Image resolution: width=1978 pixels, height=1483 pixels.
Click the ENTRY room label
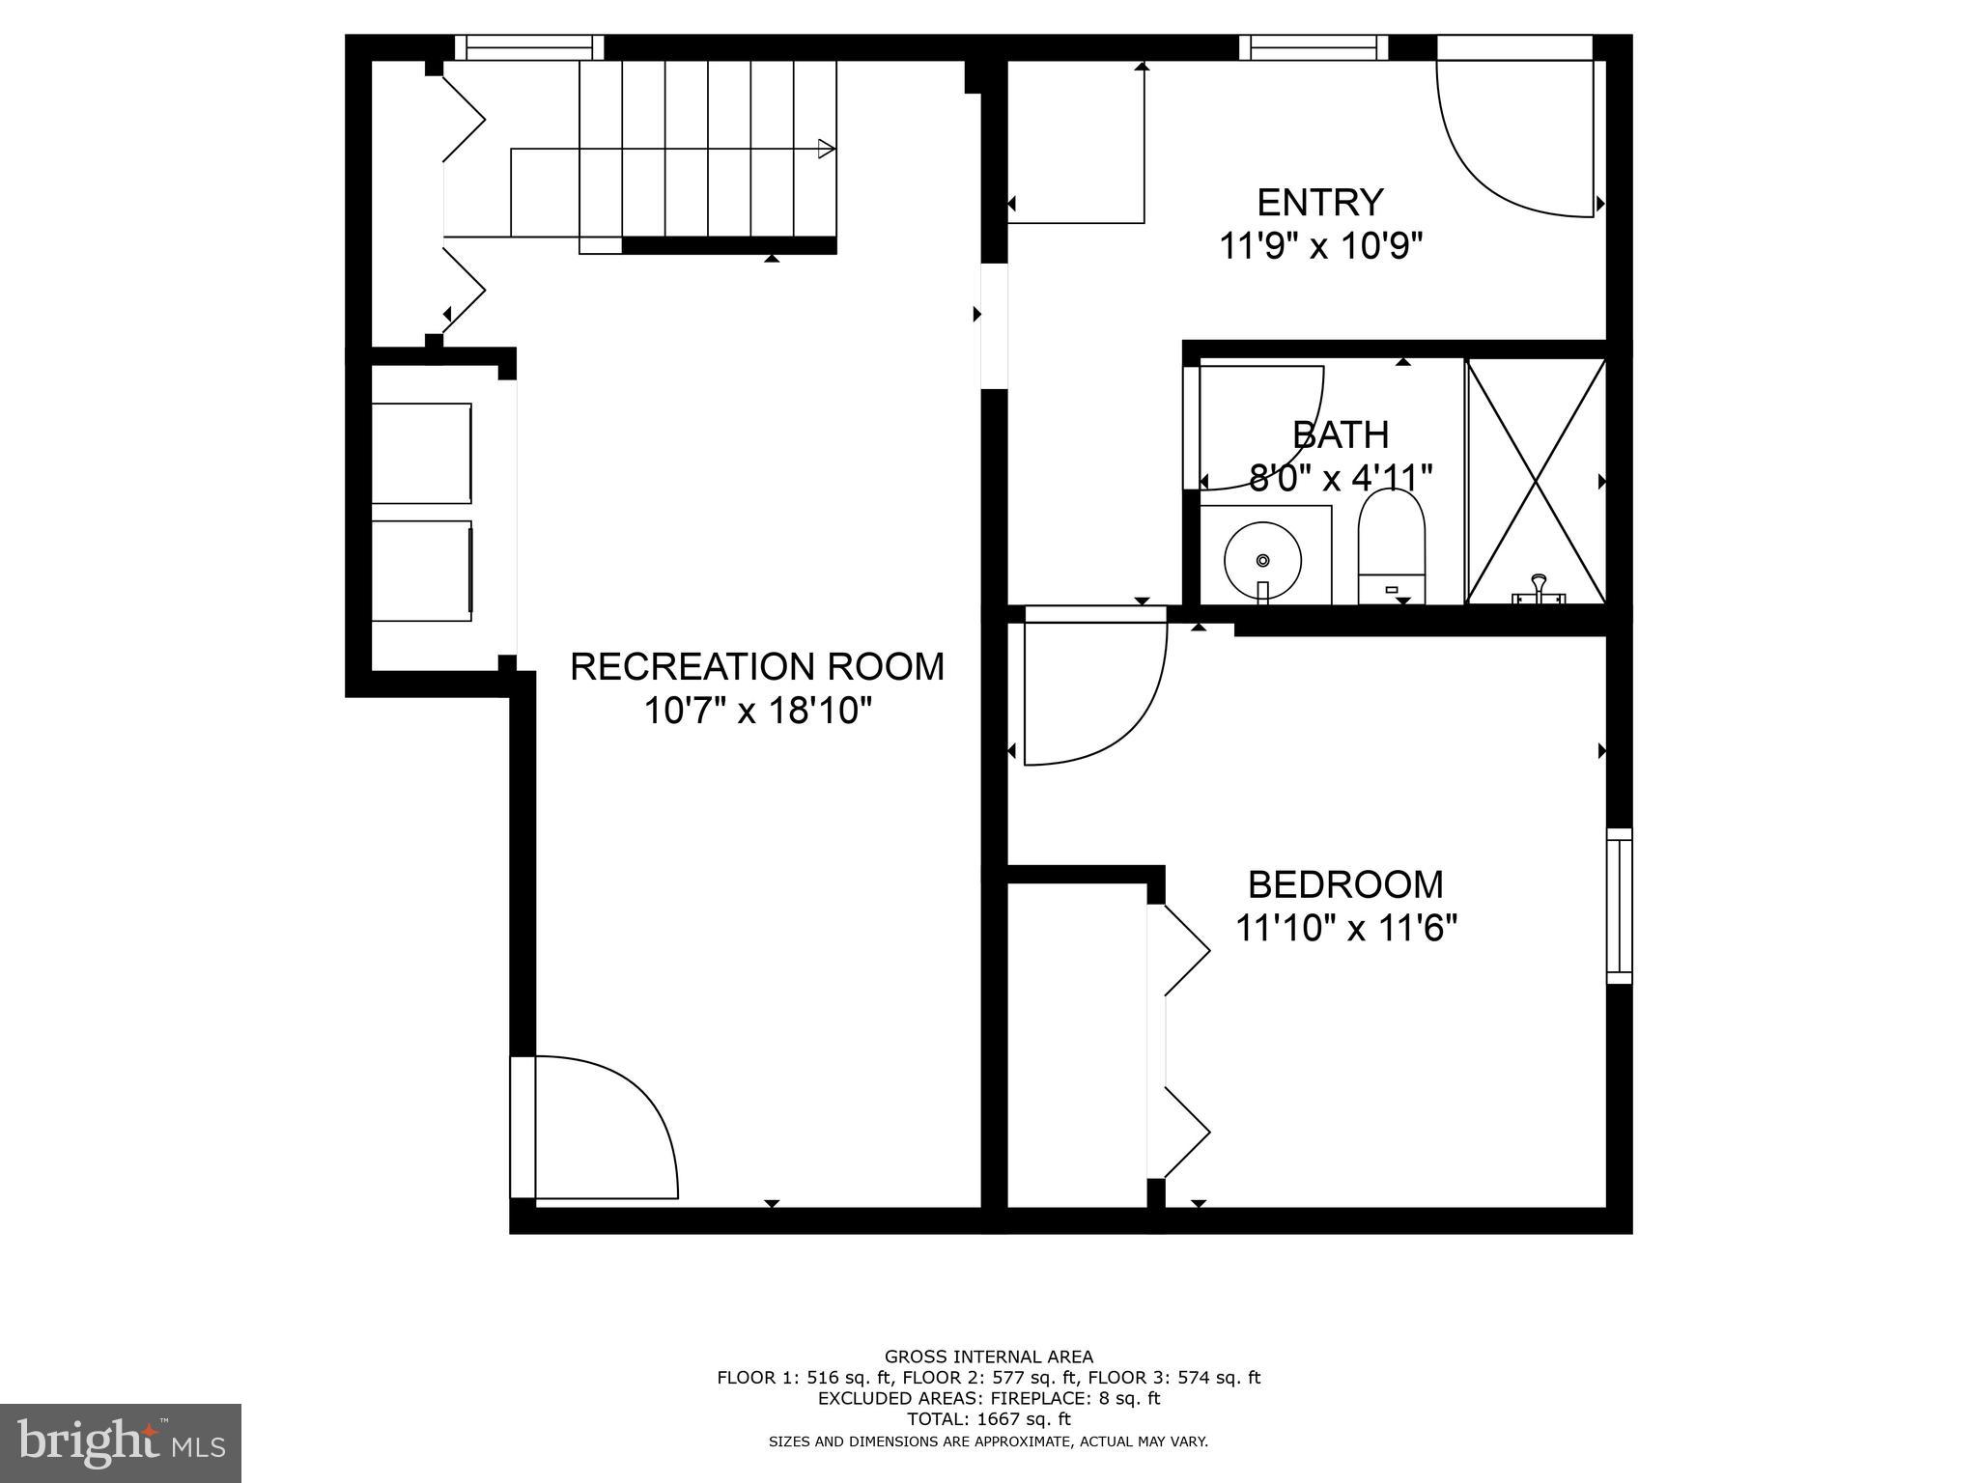coord(1319,203)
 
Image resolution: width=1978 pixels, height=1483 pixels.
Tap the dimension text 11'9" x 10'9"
coord(1320,247)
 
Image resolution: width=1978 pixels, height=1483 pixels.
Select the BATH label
coord(1341,435)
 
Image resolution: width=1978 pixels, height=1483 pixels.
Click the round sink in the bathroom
coord(1262,559)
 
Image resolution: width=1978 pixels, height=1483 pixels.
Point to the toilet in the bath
coord(1391,546)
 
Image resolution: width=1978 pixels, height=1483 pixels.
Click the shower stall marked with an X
coord(1536,481)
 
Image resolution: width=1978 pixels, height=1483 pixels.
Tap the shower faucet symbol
coord(1539,590)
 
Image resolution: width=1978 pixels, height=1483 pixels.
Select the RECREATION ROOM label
coord(757,667)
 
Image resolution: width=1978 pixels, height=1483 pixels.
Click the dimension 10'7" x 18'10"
coord(757,712)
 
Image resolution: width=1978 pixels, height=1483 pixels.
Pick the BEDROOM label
coord(1345,884)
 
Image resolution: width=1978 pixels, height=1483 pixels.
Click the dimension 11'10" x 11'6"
coord(1345,929)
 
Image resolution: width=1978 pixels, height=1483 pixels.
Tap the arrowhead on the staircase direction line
coord(826,149)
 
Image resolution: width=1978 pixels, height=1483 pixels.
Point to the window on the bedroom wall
coord(1619,906)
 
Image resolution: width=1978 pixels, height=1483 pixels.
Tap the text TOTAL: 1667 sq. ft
coord(988,1419)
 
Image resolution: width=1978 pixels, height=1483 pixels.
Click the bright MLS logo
coord(121,1442)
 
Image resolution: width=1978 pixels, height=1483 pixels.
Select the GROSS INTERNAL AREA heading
coord(988,1357)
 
